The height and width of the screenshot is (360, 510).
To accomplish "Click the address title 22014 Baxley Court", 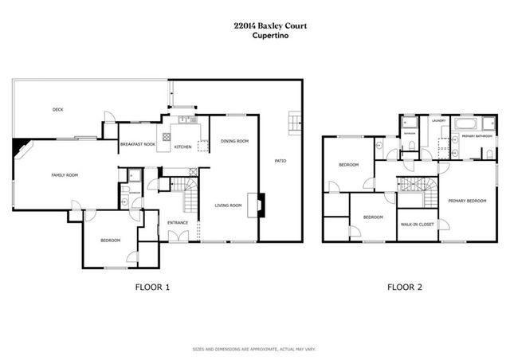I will (x=255, y=25).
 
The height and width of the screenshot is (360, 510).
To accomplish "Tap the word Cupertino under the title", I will (x=255, y=34).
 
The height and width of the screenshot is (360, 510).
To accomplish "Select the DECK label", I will (x=57, y=109).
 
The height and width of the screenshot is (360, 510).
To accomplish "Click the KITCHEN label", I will (x=182, y=147).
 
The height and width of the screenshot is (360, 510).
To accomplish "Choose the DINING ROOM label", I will (x=234, y=140).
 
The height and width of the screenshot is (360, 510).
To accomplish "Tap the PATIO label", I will (x=280, y=161).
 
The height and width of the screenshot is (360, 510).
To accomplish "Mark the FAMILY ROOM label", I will (x=65, y=174).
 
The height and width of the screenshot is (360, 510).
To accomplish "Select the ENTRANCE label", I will (x=177, y=222).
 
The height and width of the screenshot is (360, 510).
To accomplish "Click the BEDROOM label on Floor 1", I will (x=110, y=240).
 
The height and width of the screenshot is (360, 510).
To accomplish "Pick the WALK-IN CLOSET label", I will (x=417, y=224).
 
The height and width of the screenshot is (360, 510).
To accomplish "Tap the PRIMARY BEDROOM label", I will (x=466, y=200).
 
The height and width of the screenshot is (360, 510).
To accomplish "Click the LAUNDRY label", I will (x=438, y=120).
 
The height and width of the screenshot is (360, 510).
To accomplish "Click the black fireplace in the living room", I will (x=261, y=205).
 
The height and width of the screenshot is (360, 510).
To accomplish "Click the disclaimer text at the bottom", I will (x=255, y=349).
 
